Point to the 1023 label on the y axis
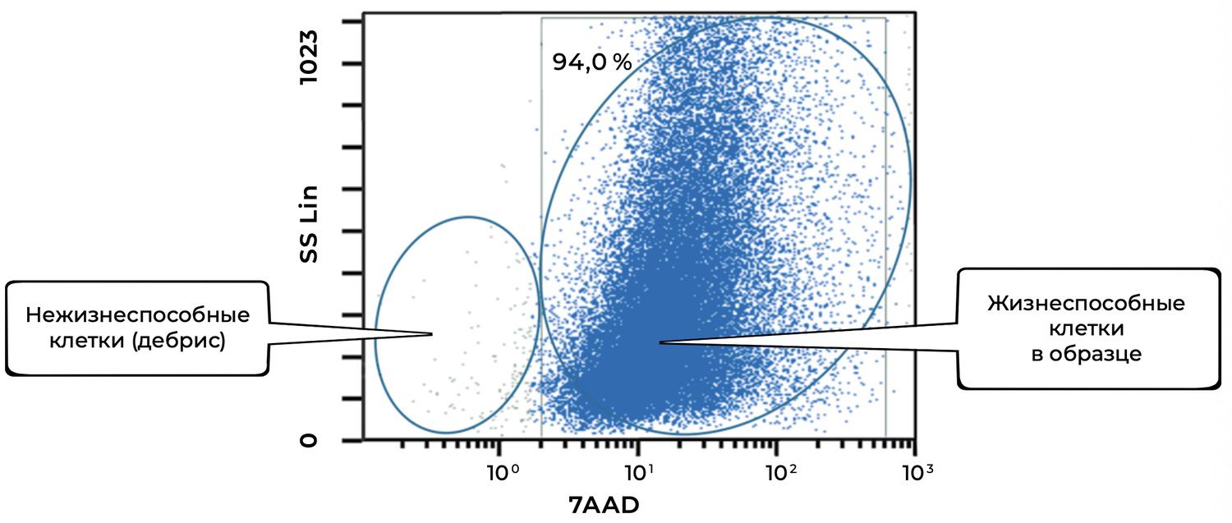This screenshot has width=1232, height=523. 309,62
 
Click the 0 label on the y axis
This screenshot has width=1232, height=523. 309,441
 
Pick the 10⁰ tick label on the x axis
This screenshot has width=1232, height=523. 500,472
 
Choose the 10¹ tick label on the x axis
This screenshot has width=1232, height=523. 638,472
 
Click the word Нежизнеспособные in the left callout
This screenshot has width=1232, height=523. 137,316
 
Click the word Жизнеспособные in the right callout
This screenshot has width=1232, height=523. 1086,304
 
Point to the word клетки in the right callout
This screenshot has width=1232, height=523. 1086,329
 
